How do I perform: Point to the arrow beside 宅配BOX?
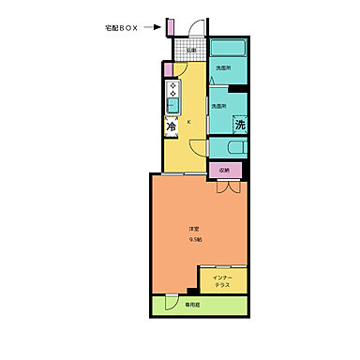click(153, 28)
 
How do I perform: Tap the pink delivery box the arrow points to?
click(169, 26)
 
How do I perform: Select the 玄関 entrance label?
click(190, 52)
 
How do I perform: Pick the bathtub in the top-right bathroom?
click(226, 50)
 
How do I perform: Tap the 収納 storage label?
click(224, 170)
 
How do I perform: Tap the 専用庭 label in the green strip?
click(192, 305)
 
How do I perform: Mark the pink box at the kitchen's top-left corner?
click(167, 67)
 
